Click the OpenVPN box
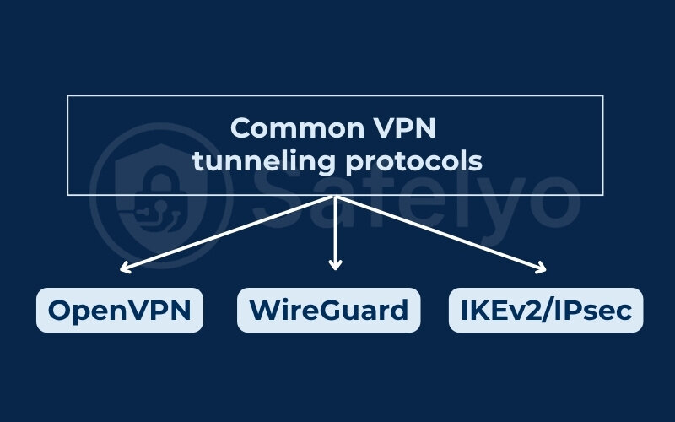(119, 310)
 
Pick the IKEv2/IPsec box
(546, 310)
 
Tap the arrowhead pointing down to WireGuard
(336, 266)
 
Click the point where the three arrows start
(336, 197)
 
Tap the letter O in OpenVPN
(60, 310)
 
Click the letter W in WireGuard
(264, 310)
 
